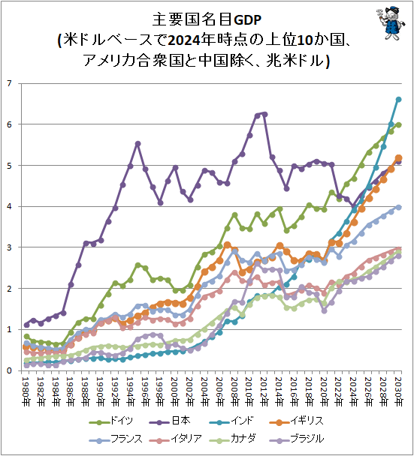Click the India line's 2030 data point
pos(398,99)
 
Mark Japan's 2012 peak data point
pos(264,114)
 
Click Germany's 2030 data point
pos(398,124)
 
